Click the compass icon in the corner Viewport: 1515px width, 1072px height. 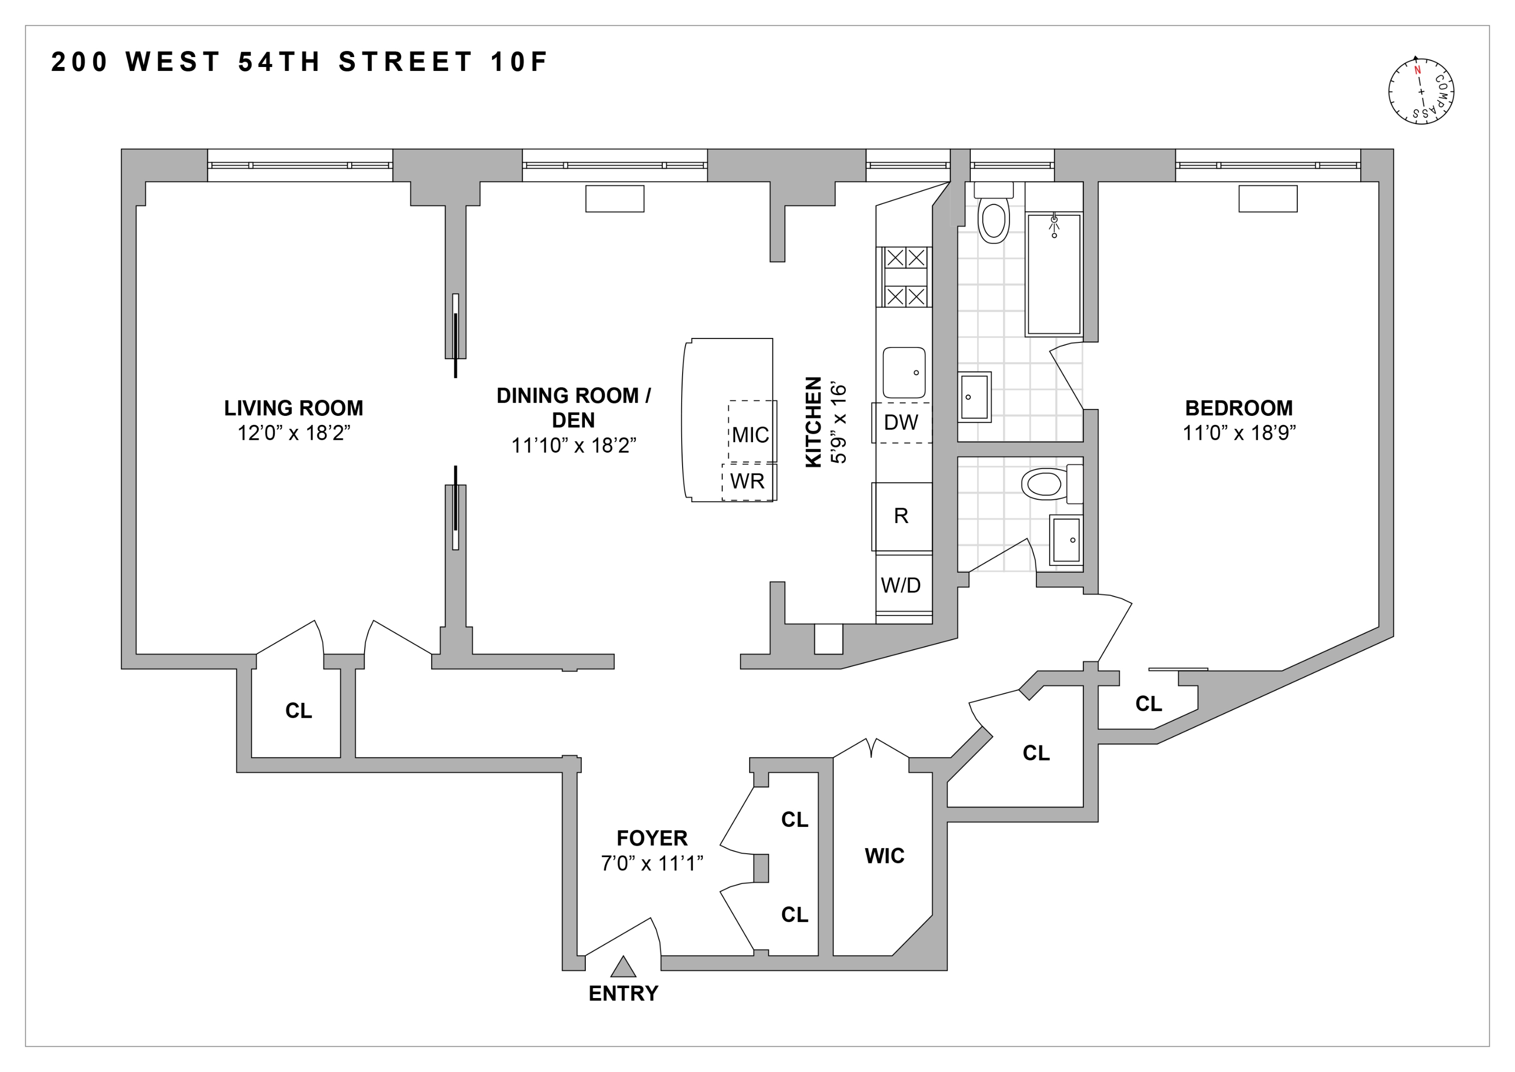pos(1421,91)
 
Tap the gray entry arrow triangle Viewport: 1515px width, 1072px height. pos(623,967)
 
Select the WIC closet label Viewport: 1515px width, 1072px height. pos(884,856)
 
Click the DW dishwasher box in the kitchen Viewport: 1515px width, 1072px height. pos(901,422)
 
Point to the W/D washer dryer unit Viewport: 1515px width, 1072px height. pos(901,585)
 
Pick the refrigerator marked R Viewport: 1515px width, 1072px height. pos(901,516)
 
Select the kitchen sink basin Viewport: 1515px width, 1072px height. pos(904,373)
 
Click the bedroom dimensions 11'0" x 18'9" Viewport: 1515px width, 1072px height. pos(1239,433)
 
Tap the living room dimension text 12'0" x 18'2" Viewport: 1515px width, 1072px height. pos(294,433)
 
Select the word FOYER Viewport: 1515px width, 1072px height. pos(652,838)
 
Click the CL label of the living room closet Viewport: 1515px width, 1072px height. pos(298,711)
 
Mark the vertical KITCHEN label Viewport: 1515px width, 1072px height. pos(814,422)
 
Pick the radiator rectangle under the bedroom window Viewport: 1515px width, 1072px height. pos(1267,199)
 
